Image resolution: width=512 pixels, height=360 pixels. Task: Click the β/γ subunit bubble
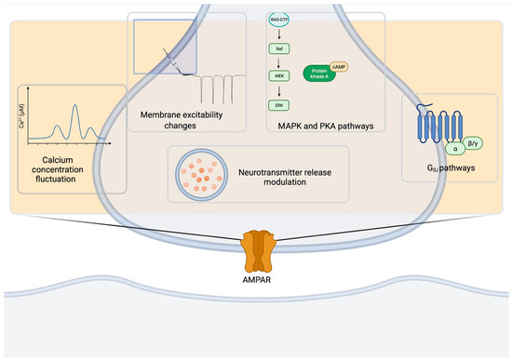tap(476, 141)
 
